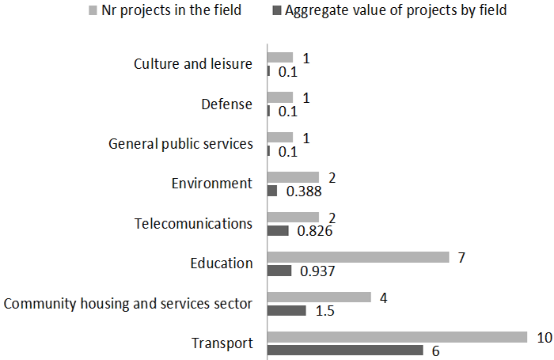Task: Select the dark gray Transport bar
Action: point(345,351)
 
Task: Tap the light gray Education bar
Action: point(358,257)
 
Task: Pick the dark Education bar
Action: point(280,271)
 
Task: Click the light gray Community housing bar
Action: point(319,297)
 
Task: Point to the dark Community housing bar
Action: point(286,310)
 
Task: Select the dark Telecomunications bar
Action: point(278,230)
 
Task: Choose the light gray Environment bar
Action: point(293,177)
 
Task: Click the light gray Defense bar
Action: point(280,97)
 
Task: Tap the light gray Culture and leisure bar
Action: point(280,58)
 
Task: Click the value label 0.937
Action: point(317,271)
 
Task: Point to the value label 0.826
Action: point(315,231)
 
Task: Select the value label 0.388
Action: point(304,191)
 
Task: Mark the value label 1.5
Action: point(324,311)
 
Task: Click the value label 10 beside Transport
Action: point(544,337)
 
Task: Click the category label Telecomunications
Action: point(193,223)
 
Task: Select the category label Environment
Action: point(211,184)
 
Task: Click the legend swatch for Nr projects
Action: point(93,11)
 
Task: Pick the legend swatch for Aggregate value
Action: point(275,11)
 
